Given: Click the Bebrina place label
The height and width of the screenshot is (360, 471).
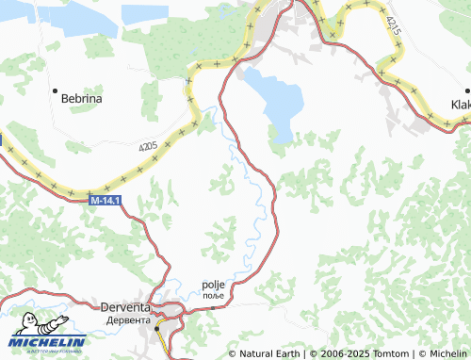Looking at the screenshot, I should tap(81, 98).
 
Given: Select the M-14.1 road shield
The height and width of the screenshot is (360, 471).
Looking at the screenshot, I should tap(106, 201).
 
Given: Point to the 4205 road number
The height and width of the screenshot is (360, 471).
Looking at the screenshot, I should tap(146, 147).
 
